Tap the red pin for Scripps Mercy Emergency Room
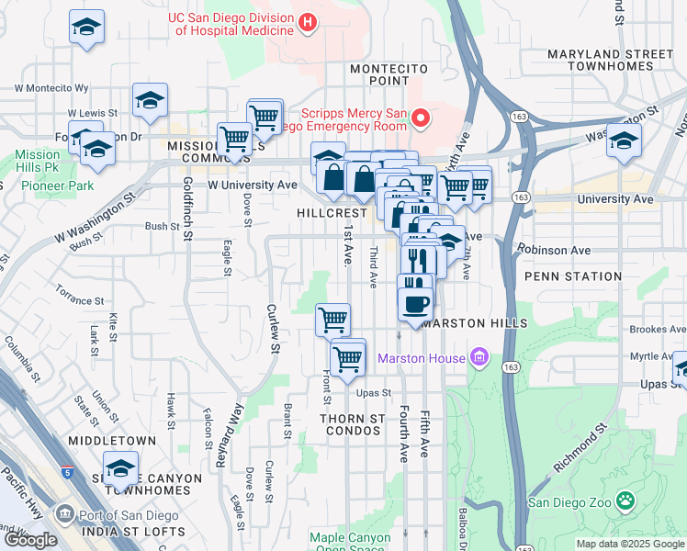(422, 118)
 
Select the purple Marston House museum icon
(478, 356)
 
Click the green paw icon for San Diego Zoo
(625, 500)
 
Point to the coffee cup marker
(415, 302)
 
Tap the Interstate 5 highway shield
(68, 473)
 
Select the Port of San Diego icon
(64, 512)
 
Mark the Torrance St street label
(78, 300)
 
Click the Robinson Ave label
(553, 249)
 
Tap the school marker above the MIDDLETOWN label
(120, 468)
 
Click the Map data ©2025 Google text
(630, 544)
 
